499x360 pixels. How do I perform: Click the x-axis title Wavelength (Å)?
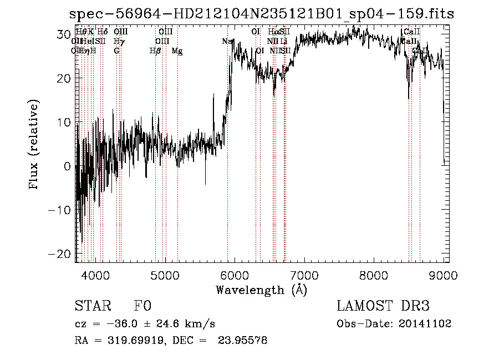click(261, 290)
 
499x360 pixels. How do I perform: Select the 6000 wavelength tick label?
click(235, 275)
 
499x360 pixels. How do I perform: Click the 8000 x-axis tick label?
click(374, 275)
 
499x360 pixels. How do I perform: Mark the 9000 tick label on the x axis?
click(444, 275)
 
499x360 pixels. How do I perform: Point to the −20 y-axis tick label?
click(60, 253)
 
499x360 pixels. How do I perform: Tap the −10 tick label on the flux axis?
click(60, 210)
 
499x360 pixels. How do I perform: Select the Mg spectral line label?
click(177, 51)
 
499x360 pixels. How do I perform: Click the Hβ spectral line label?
click(155, 51)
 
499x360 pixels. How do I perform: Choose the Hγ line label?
click(119, 42)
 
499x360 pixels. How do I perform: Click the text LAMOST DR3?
click(383, 306)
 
